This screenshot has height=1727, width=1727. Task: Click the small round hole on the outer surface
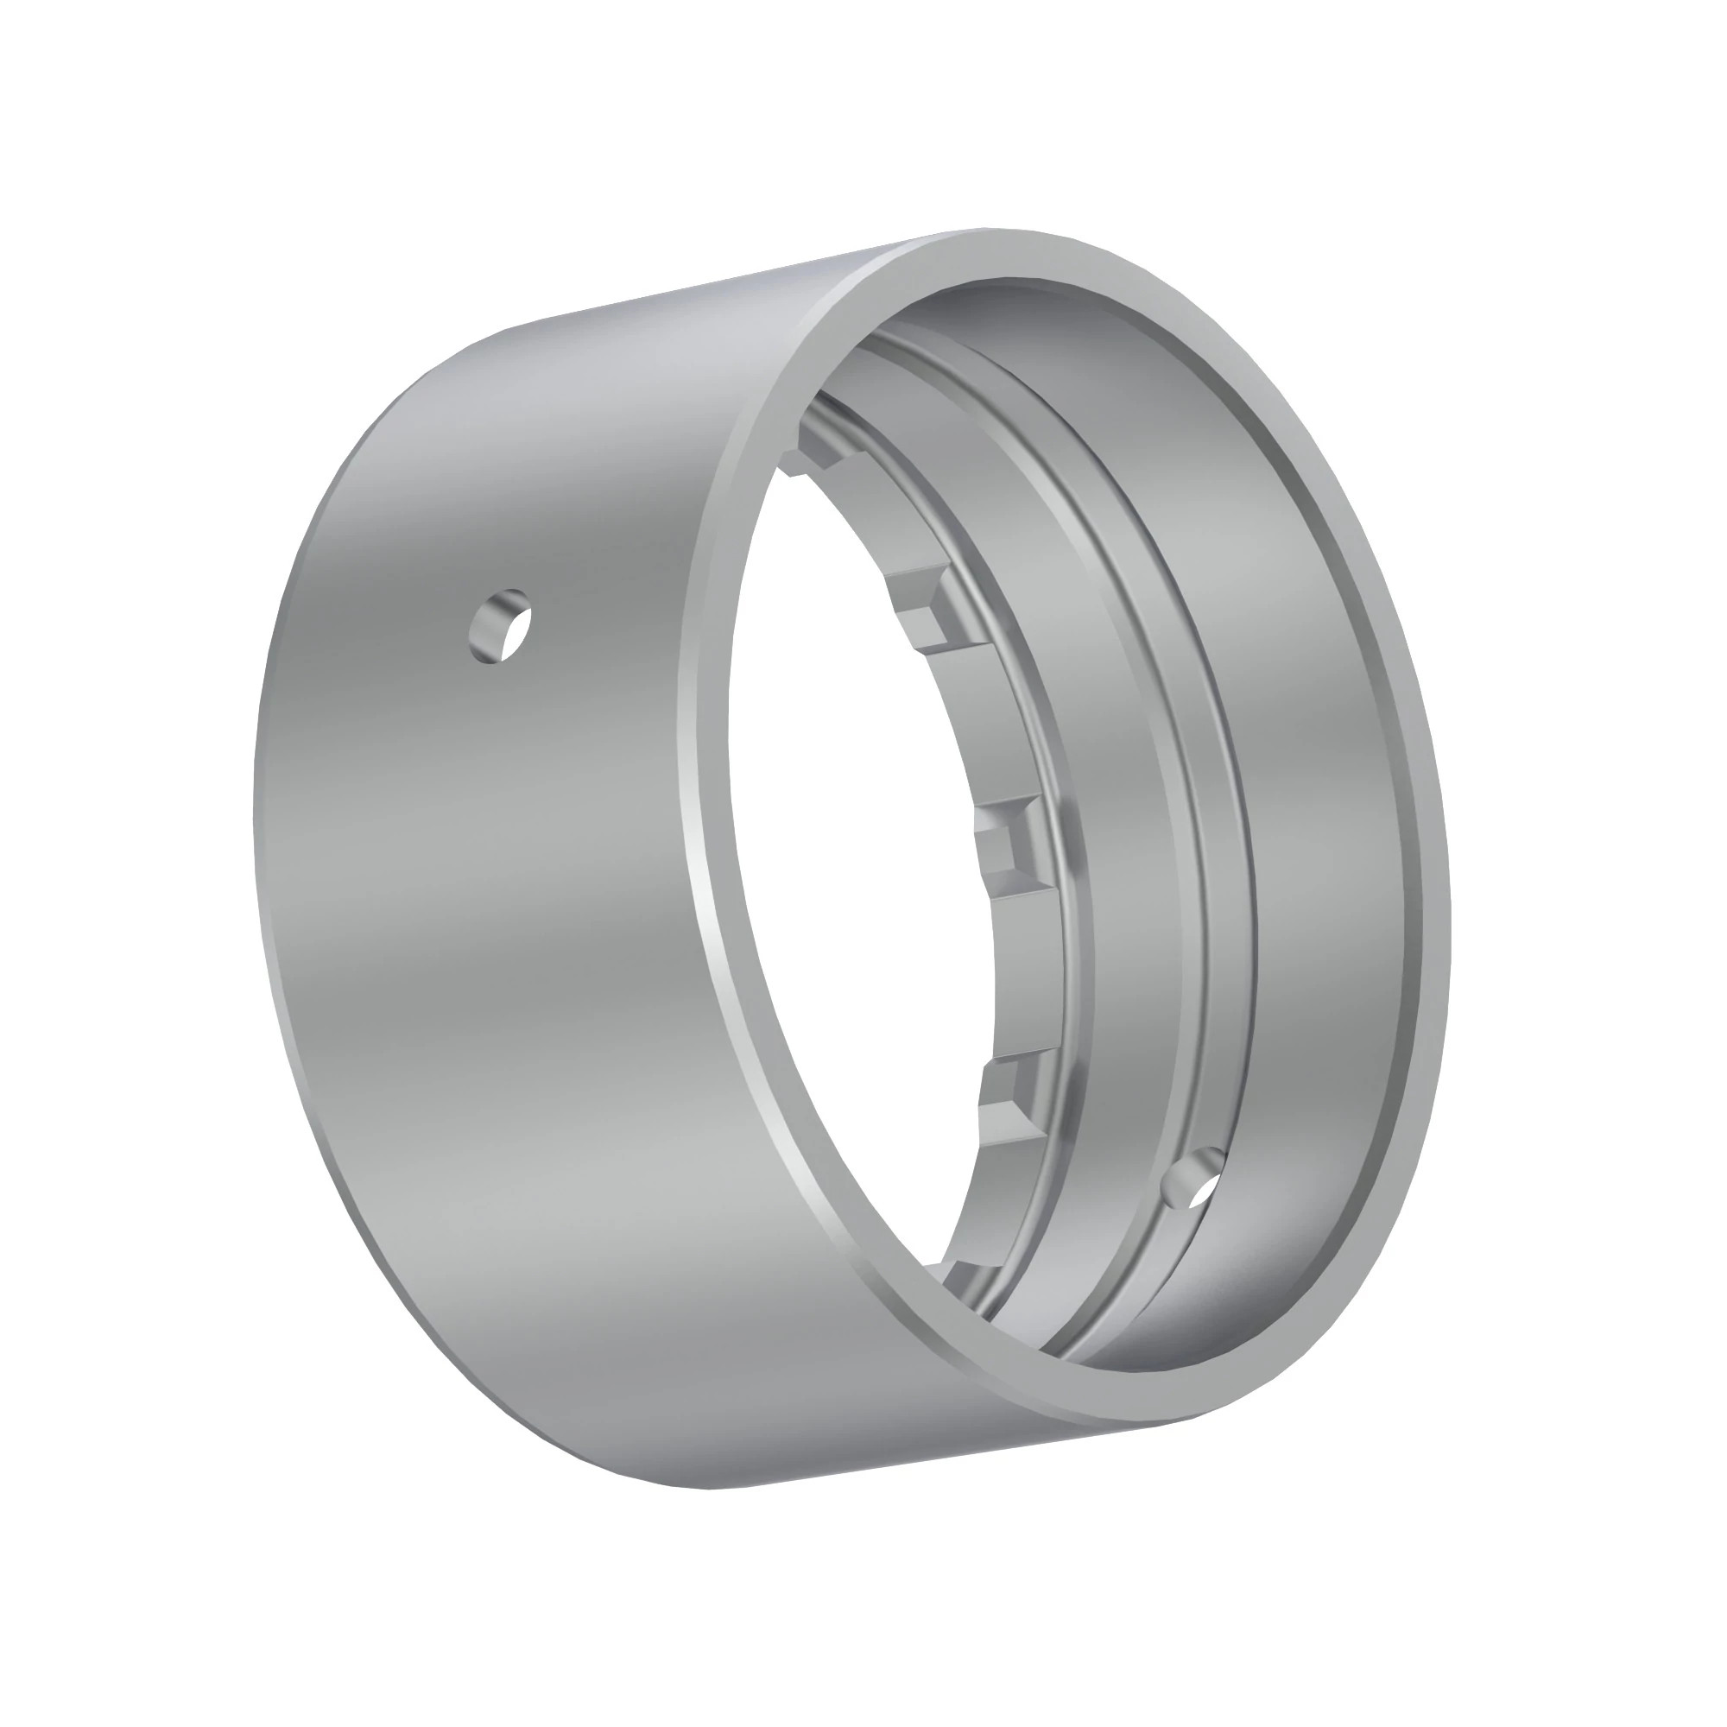(x=501, y=625)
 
